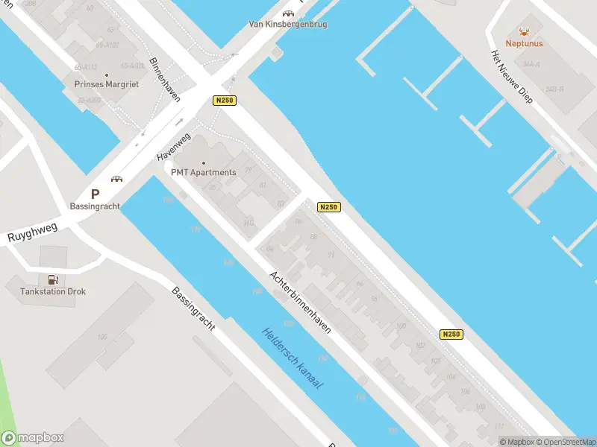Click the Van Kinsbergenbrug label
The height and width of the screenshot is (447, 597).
tap(288, 24)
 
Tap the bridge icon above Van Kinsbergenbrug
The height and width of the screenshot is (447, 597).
tap(288, 13)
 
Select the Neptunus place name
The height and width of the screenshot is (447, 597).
tap(524, 43)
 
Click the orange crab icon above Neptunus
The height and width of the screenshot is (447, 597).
tap(524, 32)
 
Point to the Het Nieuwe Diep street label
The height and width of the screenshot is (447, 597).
tap(511, 77)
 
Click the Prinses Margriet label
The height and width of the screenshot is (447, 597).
tap(107, 84)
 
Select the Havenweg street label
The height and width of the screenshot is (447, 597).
tap(174, 147)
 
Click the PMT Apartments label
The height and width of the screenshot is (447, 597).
tap(204, 173)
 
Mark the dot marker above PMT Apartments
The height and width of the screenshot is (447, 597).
tap(204, 162)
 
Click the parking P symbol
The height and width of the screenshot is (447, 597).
tap(95, 194)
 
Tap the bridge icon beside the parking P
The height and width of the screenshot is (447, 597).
tap(116, 179)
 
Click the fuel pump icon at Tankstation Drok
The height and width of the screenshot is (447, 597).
tap(52, 280)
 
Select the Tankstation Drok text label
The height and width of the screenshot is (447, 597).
tap(53, 291)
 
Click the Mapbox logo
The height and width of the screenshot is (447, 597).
tap(33, 438)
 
